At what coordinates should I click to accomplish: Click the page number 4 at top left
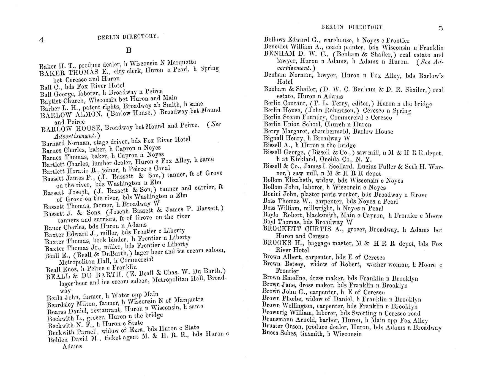[41, 40]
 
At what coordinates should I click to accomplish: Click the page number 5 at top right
[440, 29]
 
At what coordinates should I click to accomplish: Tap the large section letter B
[129, 50]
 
